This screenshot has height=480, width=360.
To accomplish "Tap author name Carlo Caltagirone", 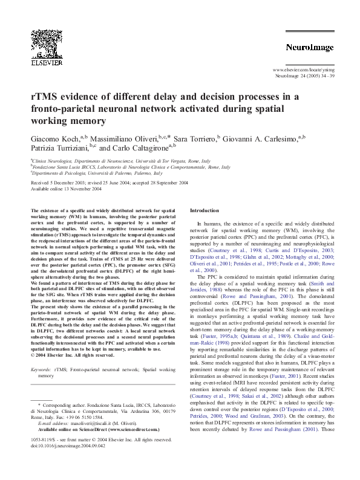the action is coord(133,149).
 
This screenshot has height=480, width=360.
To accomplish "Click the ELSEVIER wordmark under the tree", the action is coord(46,62).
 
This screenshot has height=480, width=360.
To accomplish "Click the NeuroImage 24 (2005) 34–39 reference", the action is coord(300,77).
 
